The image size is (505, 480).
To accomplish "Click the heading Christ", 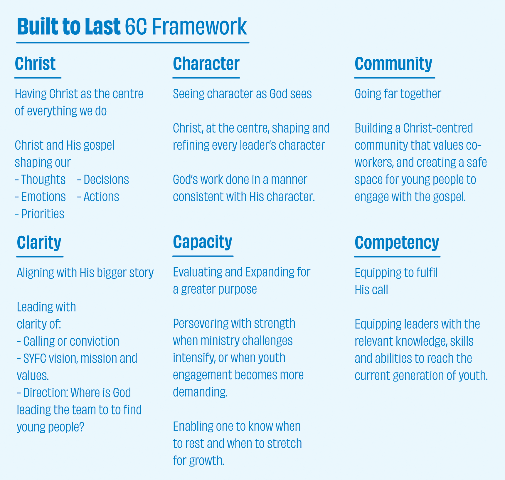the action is (35, 63).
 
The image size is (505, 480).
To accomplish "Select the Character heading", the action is (206, 63).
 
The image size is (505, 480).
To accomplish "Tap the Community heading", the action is (393, 64).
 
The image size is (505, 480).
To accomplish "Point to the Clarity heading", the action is (39, 243).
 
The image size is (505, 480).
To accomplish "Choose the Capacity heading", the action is (203, 242).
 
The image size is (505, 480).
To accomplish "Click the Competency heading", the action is (397, 243).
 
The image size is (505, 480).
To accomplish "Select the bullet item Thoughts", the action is (40, 180).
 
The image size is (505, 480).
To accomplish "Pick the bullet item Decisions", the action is (103, 180).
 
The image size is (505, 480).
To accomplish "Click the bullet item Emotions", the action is (40, 197).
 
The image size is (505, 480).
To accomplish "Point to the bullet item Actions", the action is (98, 197).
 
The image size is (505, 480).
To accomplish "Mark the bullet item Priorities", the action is (39, 214).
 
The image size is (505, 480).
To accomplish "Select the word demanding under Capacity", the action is (200, 392).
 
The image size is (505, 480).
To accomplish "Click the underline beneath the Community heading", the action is (395, 78).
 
